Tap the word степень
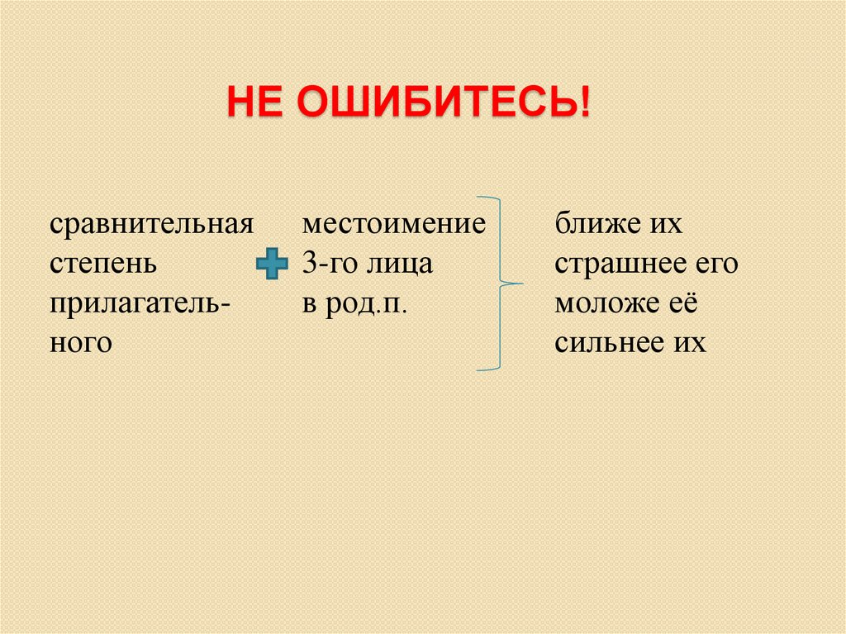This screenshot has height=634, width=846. point(101,265)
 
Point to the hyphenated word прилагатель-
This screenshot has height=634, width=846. point(140,304)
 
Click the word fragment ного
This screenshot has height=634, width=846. point(80,342)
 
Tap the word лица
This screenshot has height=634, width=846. point(401,265)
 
